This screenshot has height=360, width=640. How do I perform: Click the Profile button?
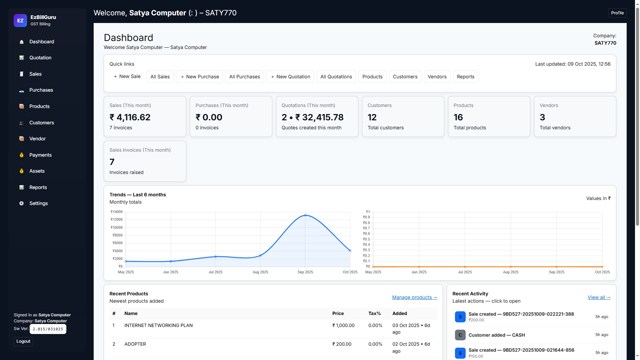tap(617, 13)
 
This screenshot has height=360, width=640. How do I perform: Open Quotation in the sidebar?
tap(40, 58)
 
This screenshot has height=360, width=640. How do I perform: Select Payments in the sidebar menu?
tap(40, 155)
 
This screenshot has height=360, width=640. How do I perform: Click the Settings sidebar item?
tap(38, 203)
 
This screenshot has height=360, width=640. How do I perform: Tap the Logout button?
tap(23, 341)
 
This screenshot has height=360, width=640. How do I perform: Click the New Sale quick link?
tap(127, 77)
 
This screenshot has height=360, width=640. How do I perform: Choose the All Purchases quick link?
tap(244, 77)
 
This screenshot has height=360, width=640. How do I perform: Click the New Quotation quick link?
tap(290, 77)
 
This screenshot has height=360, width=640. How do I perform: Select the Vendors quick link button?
tap(437, 77)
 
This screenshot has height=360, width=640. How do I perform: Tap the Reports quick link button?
tap(465, 77)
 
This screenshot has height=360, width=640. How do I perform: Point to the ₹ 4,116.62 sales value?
tap(130, 117)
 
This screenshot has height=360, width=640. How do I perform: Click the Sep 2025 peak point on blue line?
tap(305, 215)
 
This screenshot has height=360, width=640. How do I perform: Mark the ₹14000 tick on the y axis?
tap(117, 212)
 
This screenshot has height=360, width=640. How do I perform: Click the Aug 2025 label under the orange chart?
tap(510, 272)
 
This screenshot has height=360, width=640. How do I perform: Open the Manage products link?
tap(414, 297)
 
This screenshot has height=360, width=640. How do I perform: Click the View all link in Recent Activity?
tap(599, 297)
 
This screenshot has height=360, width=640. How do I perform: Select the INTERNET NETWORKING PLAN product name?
tap(158, 325)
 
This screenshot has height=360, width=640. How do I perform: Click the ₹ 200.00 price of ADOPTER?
tap(342, 344)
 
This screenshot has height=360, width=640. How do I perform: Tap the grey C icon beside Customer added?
tap(460, 335)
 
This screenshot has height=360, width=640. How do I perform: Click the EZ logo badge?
tap(20, 20)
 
